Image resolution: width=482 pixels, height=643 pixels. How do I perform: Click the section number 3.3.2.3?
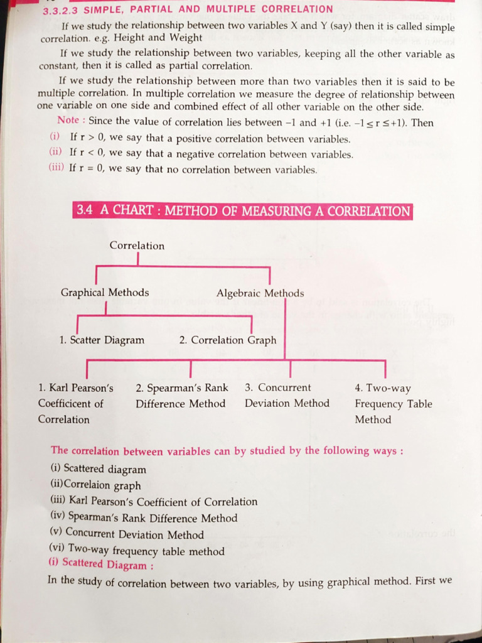[61, 11]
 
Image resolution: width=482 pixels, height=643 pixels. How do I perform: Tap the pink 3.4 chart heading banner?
[242, 211]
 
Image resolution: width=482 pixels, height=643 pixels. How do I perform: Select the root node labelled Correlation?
[137, 246]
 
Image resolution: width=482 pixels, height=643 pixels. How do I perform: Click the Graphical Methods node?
[105, 293]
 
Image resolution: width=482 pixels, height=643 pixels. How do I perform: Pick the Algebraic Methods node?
[260, 293]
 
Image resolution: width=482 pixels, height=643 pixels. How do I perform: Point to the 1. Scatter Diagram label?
[102, 340]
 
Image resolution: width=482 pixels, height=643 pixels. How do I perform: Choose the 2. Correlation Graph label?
[227, 340]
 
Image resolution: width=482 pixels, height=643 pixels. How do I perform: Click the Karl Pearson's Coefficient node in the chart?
[75, 403]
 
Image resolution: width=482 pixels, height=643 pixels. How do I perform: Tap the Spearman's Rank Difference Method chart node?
[181, 396]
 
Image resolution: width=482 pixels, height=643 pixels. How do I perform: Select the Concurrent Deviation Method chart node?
[287, 396]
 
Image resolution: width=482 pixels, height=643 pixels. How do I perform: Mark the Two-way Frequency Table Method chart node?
[393, 404]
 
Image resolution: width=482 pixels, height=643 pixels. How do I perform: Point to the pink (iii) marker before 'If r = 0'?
[57, 168]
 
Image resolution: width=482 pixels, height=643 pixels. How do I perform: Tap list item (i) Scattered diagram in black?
[98, 469]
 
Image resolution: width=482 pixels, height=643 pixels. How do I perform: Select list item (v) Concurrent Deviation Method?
[127, 534]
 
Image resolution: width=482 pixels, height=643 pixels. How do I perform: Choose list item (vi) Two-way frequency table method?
[137, 551]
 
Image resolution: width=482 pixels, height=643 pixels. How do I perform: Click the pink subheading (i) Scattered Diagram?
[100, 564]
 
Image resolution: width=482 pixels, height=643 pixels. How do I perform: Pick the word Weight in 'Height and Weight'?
[185, 38]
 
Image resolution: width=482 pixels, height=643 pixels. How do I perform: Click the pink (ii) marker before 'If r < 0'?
[56, 153]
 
